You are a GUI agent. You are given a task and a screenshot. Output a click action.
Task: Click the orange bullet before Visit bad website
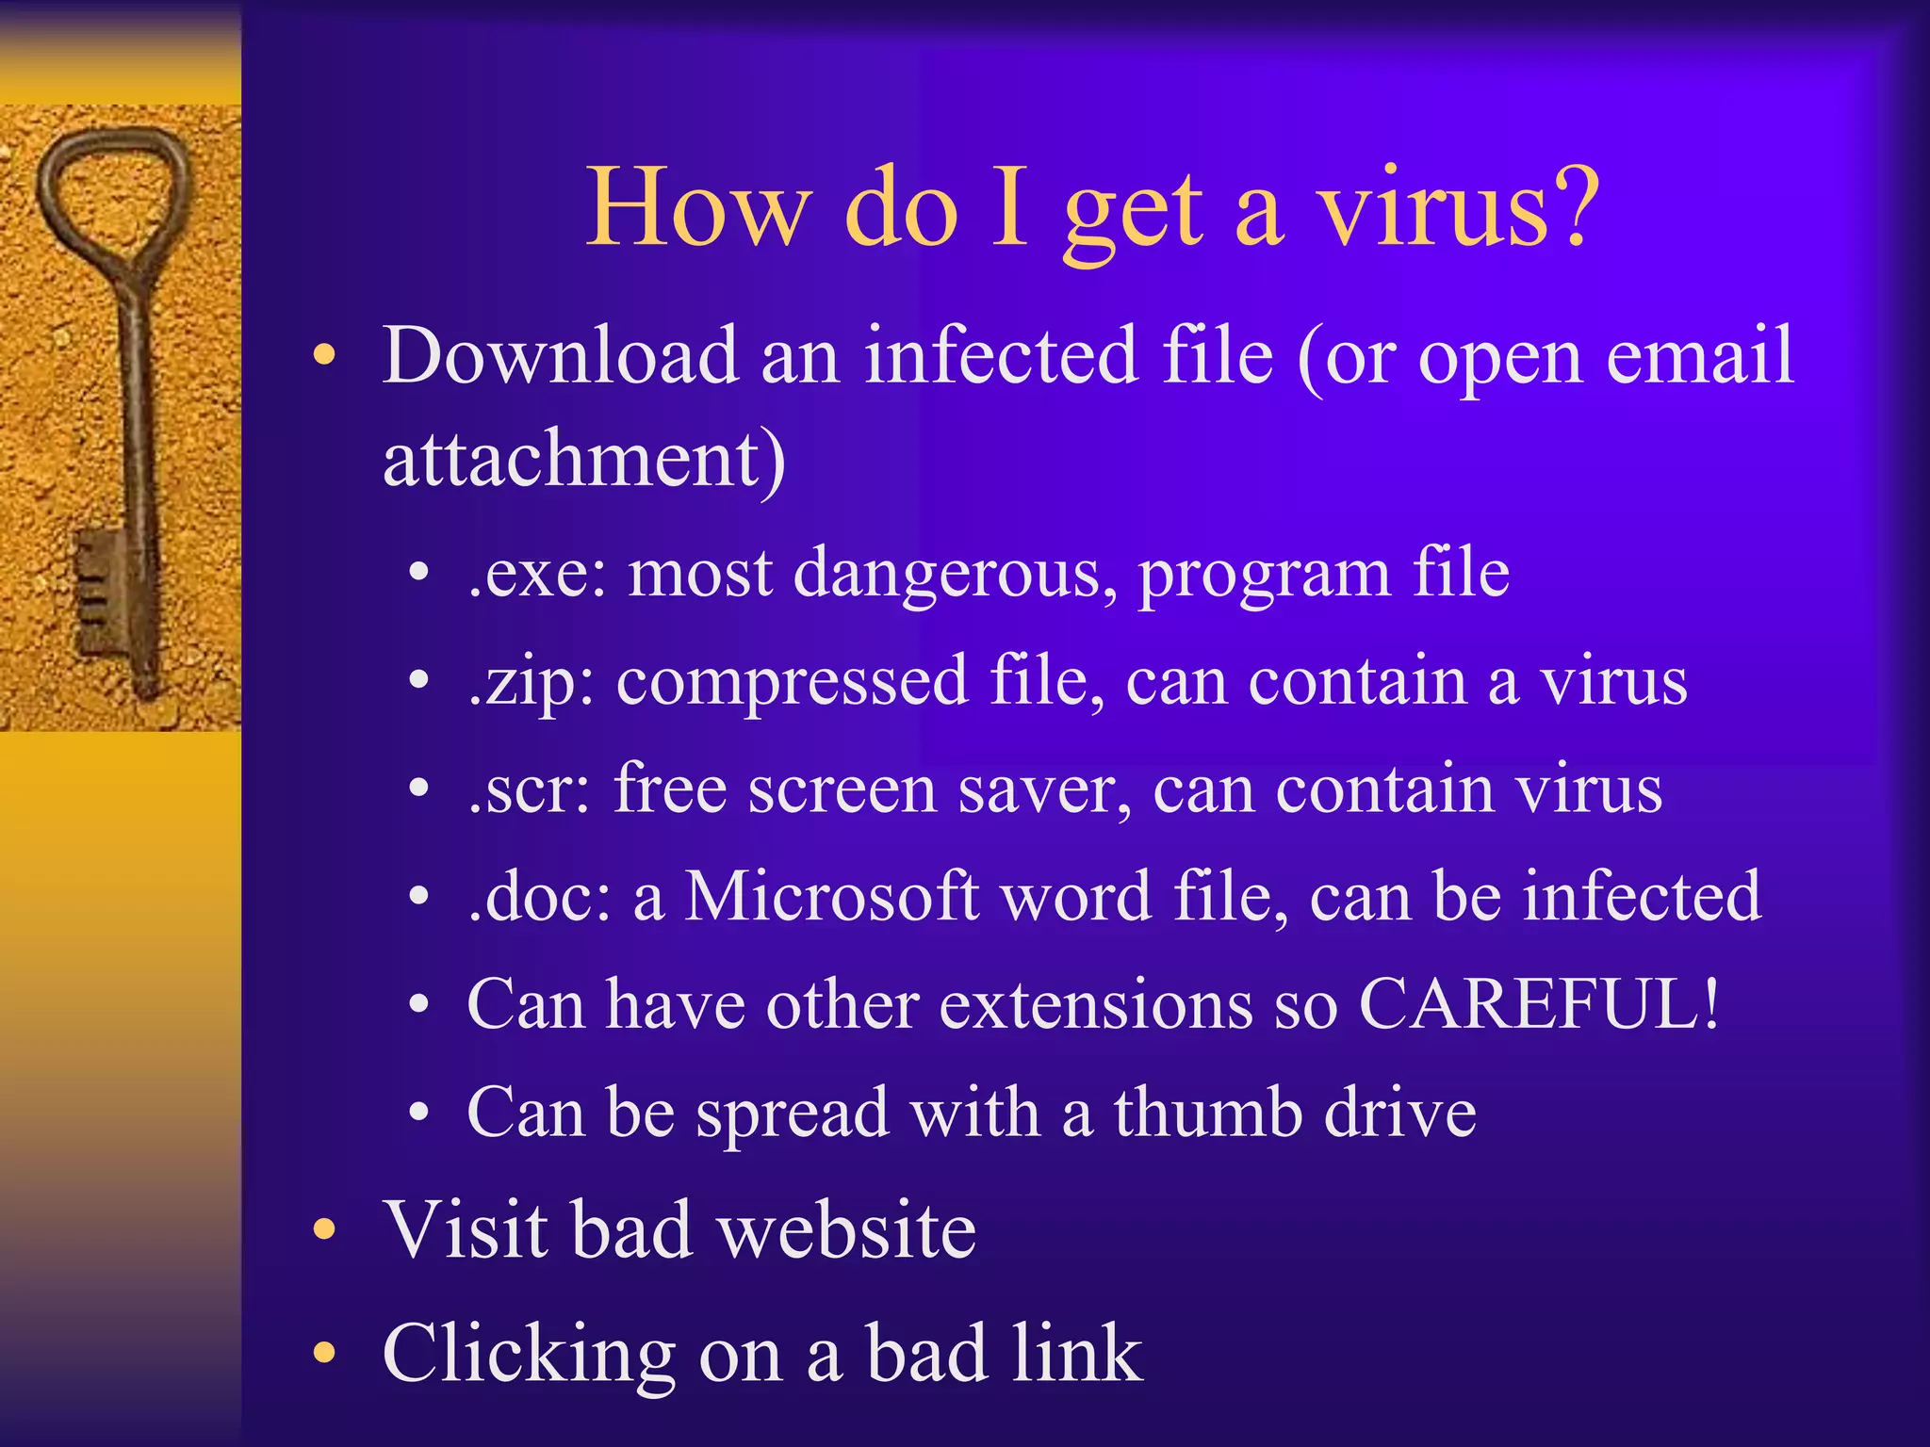[324, 1229]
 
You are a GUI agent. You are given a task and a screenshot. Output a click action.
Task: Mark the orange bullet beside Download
[324, 356]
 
